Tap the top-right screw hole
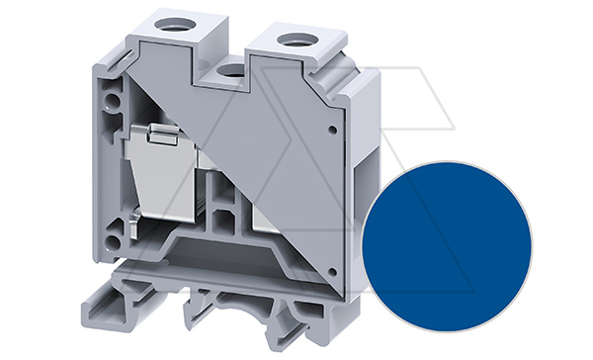tap(294, 40)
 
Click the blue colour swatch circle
tap(447, 243)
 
